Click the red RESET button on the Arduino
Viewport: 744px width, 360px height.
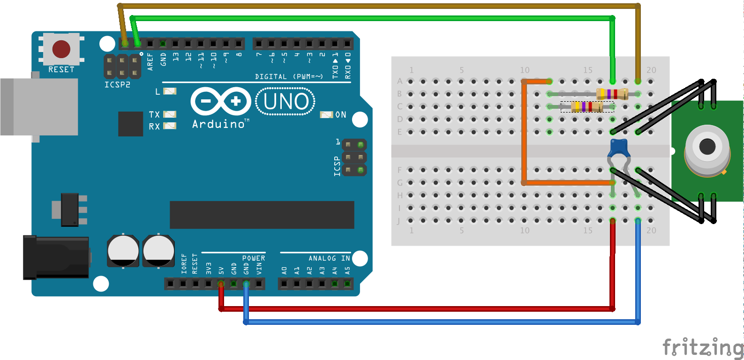[x=61, y=49]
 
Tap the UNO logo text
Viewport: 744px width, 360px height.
[x=286, y=102]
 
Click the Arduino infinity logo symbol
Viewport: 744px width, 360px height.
[x=220, y=101]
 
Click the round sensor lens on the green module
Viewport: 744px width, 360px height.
[x=707, y=146]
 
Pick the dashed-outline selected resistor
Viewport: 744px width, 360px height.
[x=587, y=107]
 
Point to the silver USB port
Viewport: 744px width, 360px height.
[x=39, y=107]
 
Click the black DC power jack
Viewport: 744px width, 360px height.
[x=56, y=257]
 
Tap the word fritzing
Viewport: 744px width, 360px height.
[x=702, y=348]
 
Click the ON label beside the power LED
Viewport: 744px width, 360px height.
[x=341, y=115]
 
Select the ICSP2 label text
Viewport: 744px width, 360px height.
[x=117, y=85]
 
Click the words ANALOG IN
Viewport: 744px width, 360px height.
[x=329, y=258]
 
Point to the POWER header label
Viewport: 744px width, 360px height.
[x=253, y=258]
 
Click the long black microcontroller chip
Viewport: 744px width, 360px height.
[x=262, y=215]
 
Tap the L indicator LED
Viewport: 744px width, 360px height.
[x=170, y=91]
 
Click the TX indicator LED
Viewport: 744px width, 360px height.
[x=170, y=114]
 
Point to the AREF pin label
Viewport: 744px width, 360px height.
[x=150, y=61]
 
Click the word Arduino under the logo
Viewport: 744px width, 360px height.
[x=218, y=124]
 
